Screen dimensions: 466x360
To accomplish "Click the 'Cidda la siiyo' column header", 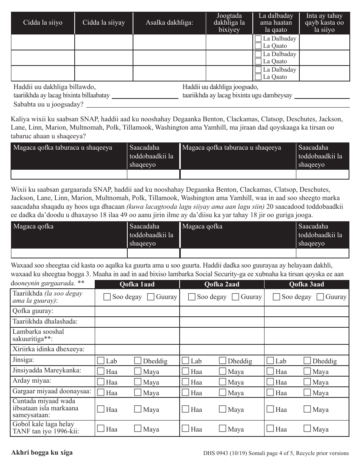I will point(42,23).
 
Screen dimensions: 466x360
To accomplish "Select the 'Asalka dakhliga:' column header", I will point(169,23).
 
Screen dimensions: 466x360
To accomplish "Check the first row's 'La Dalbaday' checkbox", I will point(258,39).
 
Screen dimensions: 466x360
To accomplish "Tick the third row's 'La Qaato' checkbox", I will point(258,77).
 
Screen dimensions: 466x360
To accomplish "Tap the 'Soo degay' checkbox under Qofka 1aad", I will point(107,297).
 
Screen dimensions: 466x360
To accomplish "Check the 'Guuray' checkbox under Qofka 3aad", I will point(320,297).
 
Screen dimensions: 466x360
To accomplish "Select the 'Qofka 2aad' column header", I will point(222,285).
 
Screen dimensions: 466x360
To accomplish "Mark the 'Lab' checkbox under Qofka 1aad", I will point(101,361).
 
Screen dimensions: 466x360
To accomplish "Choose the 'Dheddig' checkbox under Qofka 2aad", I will point(222,361).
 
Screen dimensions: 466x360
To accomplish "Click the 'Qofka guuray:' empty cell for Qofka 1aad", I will point(137,311).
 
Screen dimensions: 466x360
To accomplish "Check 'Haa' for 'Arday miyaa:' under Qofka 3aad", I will point(271,382).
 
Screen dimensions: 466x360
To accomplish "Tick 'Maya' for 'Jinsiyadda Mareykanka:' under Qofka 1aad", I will point(138,371).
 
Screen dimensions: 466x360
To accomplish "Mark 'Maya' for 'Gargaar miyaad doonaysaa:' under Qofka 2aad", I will point(222,393).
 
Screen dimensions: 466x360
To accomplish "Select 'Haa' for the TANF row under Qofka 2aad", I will point(186,429).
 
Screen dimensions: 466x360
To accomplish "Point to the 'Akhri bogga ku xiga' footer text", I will point(42,452).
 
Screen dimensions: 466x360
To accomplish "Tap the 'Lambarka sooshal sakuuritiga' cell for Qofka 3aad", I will point(306,336).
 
